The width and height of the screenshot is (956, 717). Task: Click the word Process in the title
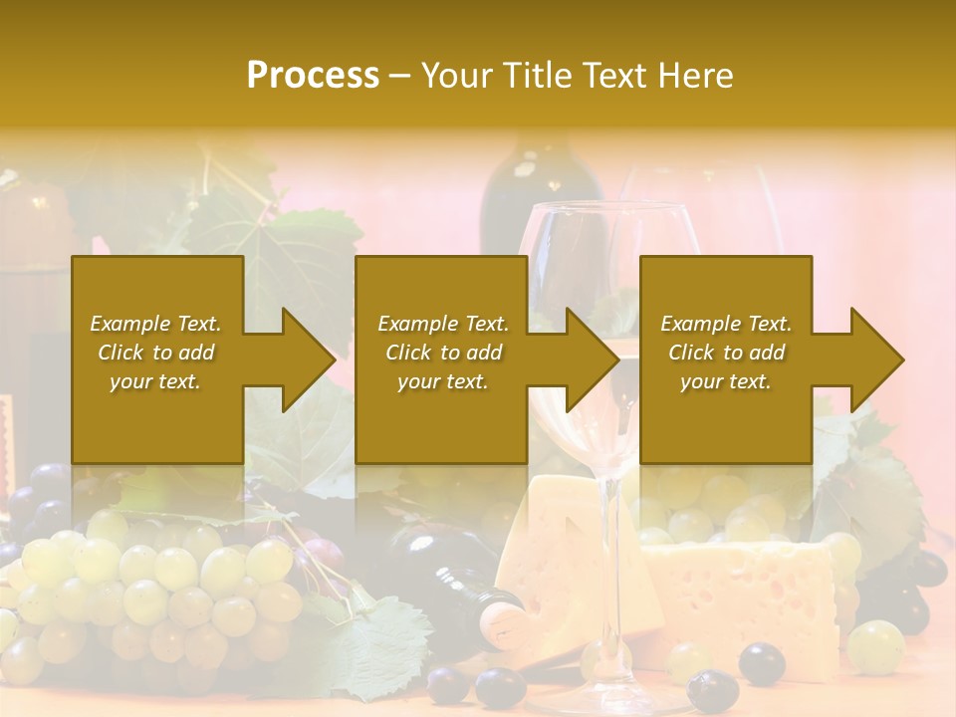point(313,76)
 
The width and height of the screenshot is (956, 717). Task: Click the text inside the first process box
point(156,353)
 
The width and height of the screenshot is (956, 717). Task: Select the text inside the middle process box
point(442,353)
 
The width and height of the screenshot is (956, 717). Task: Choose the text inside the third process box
point(725,353)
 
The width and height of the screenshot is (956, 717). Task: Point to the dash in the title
point(400,76)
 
